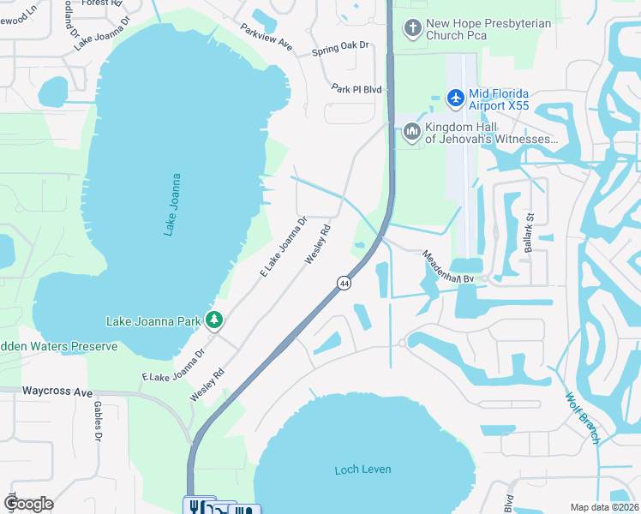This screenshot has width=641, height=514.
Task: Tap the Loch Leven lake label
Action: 362,469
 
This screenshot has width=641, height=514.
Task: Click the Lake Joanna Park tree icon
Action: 214,321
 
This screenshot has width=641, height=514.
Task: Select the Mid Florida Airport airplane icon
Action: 454,99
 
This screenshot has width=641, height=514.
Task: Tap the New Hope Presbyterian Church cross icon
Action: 412,30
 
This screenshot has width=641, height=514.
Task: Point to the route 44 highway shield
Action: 344,283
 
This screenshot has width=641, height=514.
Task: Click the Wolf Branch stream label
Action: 582,418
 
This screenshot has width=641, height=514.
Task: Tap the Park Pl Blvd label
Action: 356,88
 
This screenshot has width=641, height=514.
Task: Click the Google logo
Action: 28,504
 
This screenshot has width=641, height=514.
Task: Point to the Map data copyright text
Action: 604,507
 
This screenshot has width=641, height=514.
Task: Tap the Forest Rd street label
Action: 96,3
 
